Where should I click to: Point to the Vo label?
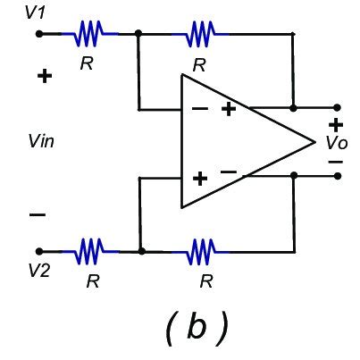click(x=336, y=143)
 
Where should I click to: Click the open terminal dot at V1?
click(x=38, y=34)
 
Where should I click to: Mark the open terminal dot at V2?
click(x=38, y=252)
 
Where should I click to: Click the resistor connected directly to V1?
click(x=89, y=34)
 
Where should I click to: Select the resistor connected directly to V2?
click(x=90, y=252)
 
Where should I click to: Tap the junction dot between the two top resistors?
click(x=140, y=34)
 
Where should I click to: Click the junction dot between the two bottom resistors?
click(x=141, y=252)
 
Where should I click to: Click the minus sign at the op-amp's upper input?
click(x=200, y=110)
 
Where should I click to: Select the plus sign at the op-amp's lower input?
click(x=199, y=178)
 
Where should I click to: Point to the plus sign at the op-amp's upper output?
click(x=229, y=109)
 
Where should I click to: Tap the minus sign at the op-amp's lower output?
click(x=229, y=171)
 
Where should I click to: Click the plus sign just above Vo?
click(x=336, y=125)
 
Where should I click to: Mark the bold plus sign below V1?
click(x=44, y=76)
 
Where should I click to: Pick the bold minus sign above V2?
click(x=38, y=214)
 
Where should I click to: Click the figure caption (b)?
click(x=196, y=328)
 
